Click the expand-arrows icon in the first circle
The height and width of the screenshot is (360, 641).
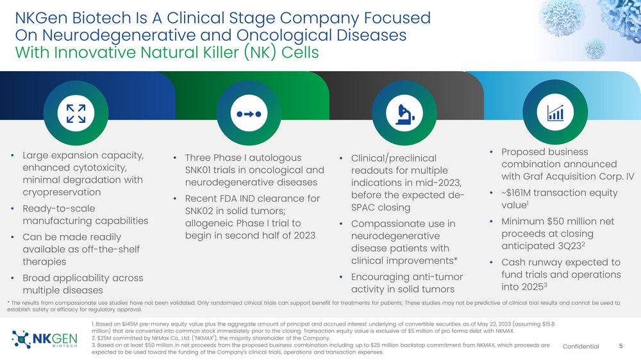click(76, 113)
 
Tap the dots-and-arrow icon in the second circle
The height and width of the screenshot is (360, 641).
click(249, 114)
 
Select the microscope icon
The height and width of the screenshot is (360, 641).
click(404, 115)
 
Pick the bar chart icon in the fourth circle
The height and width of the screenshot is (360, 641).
click(555, 112)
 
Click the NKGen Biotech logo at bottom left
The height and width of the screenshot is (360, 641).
click(44, 339)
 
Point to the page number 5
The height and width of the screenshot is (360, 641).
click(620, 346)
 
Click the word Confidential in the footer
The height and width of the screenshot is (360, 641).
click(581, 347)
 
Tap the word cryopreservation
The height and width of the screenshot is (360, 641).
click(62, 192)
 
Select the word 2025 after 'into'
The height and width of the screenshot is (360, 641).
click(532, 287)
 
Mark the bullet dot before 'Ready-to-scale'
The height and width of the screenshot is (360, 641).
click(13, 208)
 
